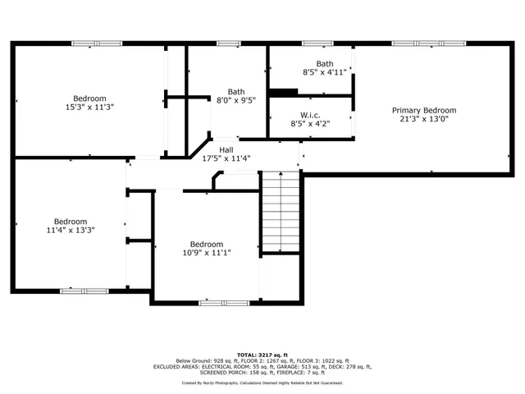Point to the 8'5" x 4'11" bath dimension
325,72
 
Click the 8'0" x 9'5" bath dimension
236,101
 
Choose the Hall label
226,150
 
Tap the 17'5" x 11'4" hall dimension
226,158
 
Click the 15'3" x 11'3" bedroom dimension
89,107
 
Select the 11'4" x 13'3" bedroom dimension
71,230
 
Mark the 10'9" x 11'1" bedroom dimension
206,253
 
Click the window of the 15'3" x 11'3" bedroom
97,43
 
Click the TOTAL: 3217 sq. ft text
262,354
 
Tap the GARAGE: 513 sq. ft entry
308,367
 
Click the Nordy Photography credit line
262,383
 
